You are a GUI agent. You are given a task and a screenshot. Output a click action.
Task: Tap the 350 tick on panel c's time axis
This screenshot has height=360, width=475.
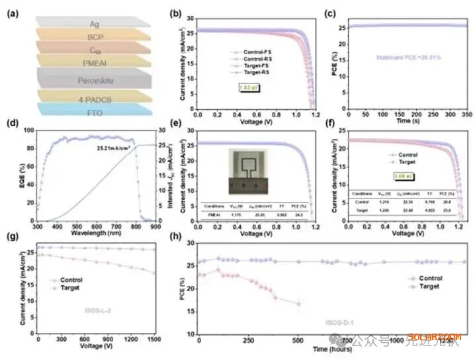(x=463, y=114)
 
